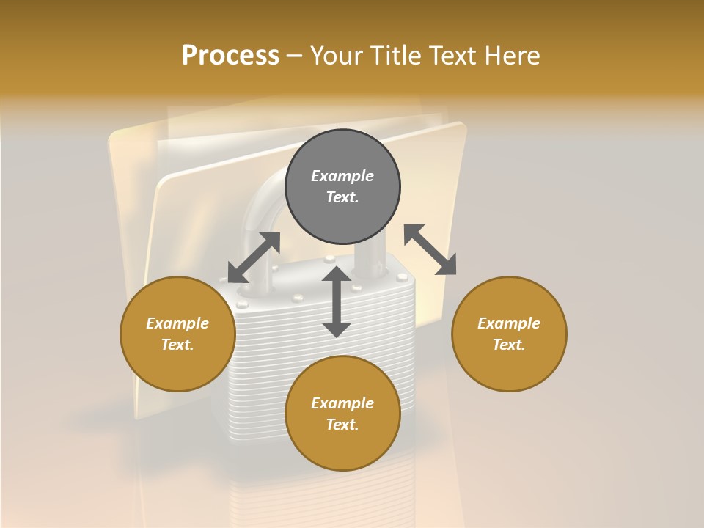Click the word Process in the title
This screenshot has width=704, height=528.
pos(230,55)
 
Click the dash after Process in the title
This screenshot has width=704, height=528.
pos(294,56)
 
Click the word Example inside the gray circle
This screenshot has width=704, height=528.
pos(342,176)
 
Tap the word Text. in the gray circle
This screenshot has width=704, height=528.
pos(342,197)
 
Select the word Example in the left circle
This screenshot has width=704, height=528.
pos(177,323)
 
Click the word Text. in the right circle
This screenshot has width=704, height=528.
pos(509,345)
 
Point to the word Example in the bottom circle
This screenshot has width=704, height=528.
pos(342,403)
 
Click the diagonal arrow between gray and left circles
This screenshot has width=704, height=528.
pos(254,257)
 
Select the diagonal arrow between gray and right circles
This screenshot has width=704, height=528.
pos(430,249)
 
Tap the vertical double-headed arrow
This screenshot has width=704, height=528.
pos(337,301)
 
